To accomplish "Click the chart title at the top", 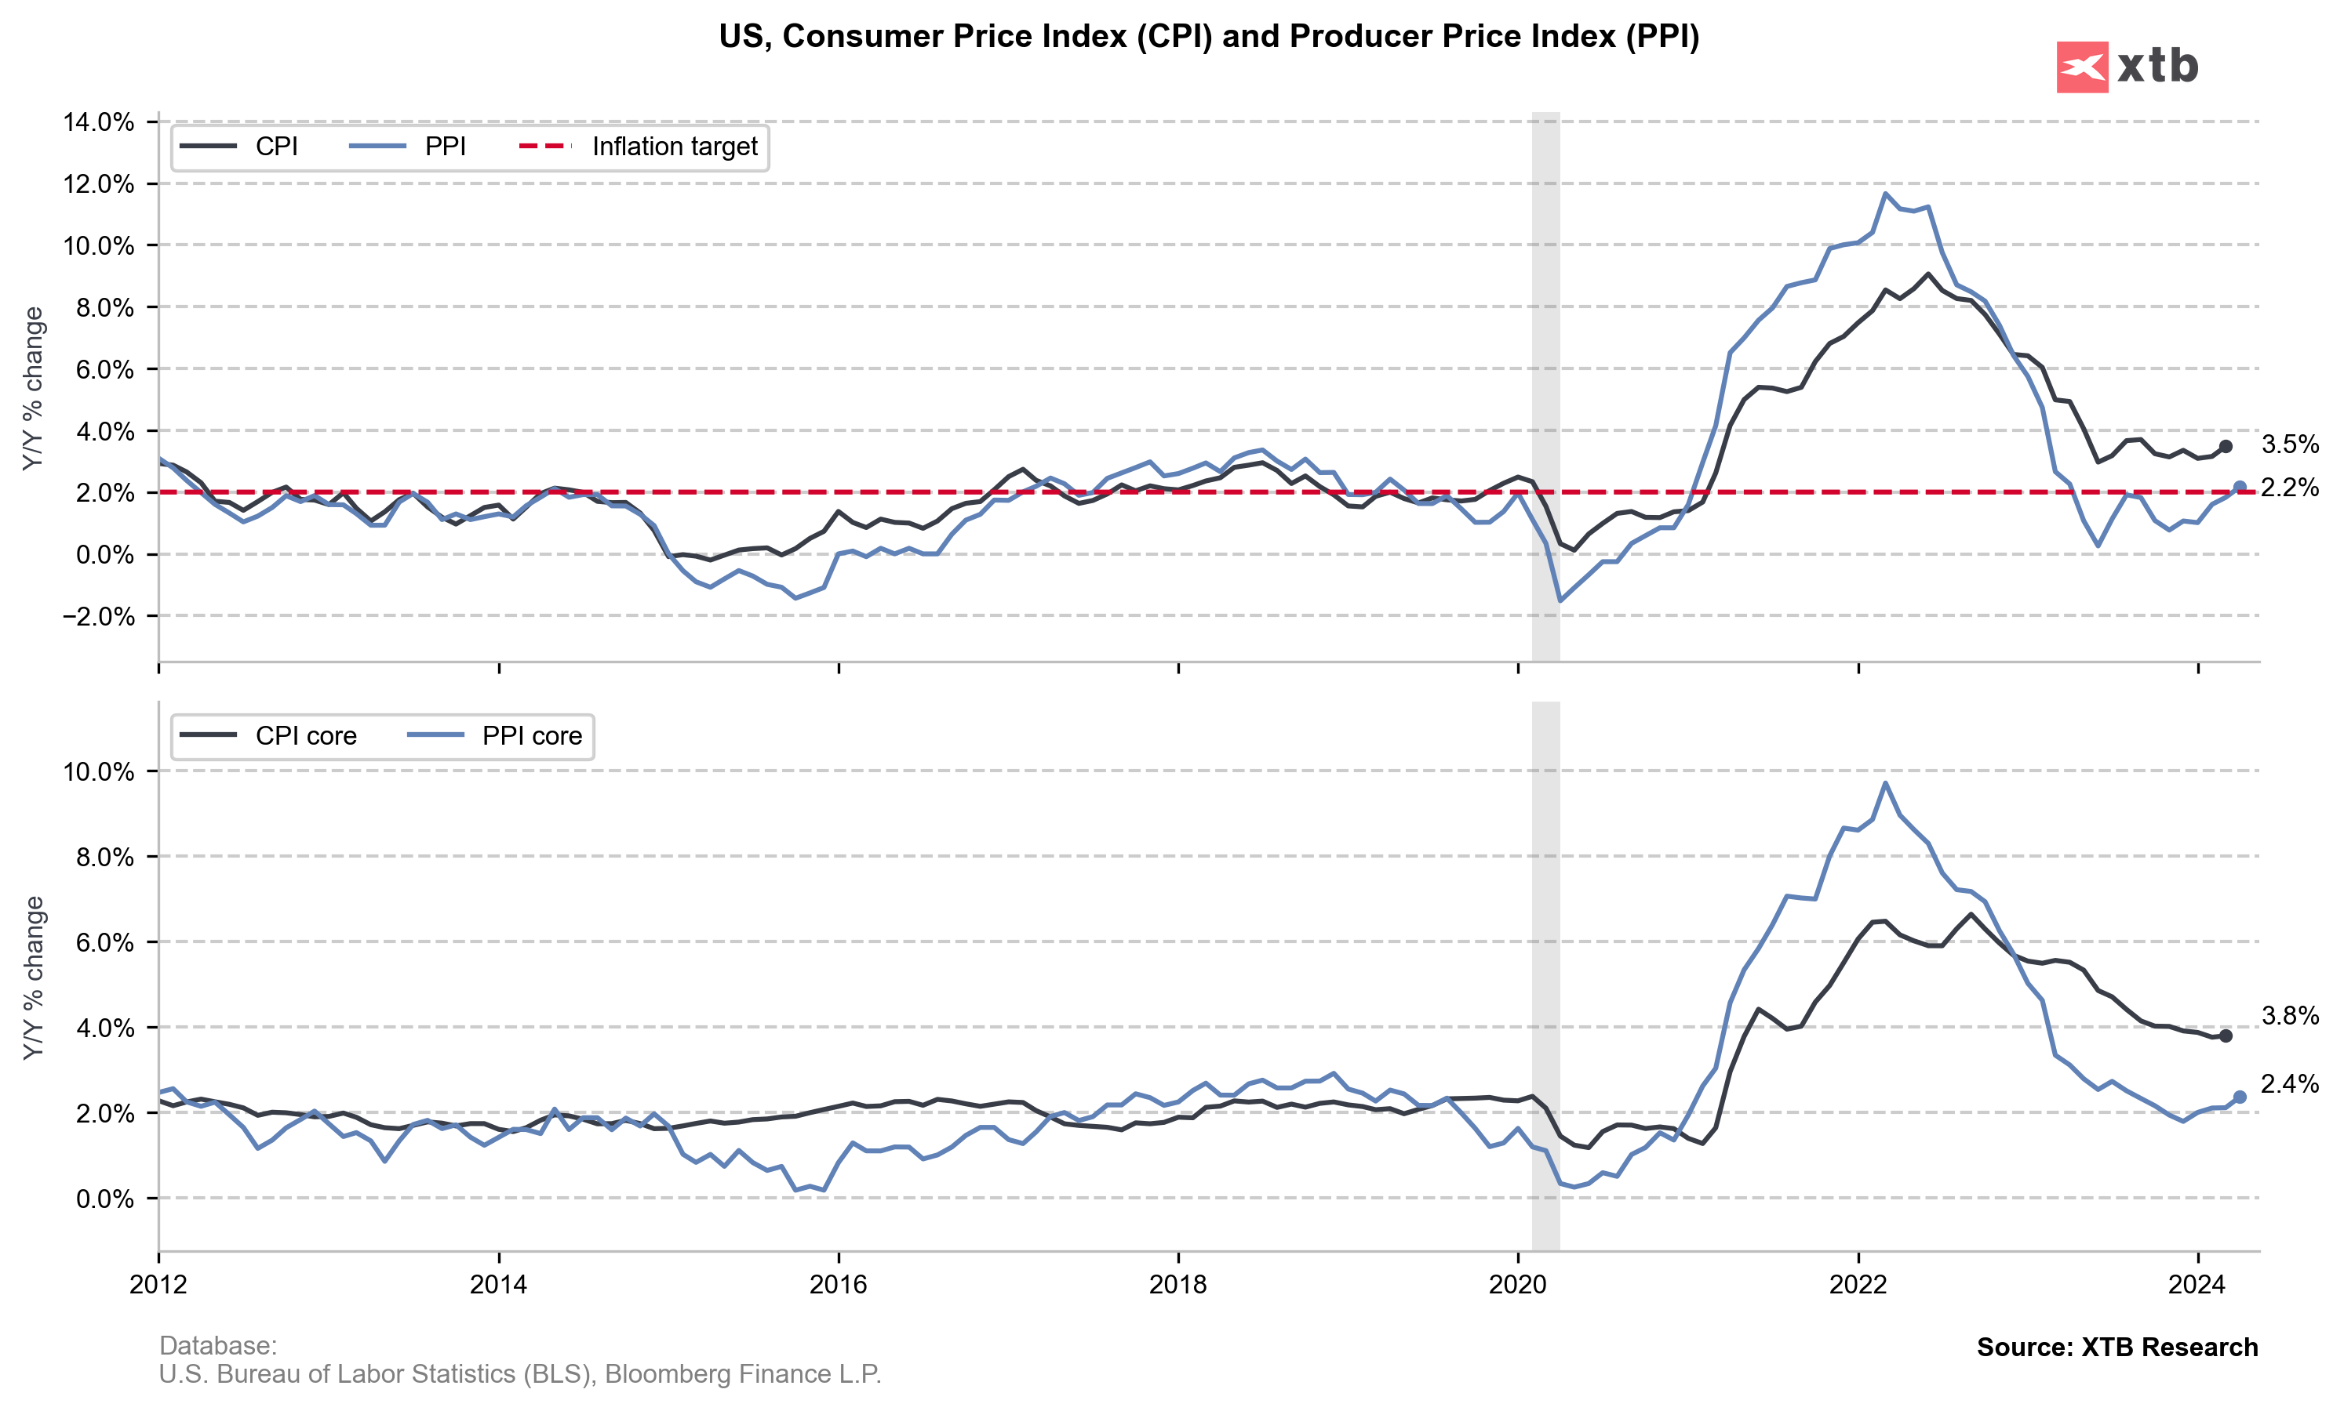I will click(x=1208, y=36).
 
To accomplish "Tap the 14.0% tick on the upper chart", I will click(x=99, y=122).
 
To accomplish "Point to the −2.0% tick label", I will click(x=99, y=616).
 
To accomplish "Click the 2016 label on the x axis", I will click(x=838, y=1286).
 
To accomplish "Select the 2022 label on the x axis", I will click(x=1858, y=1286).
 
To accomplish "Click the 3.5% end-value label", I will click(x=2290, y=444).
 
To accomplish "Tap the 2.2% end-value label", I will click(x=2290, y=488).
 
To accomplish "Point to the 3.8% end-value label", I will click(x=2290, y=1015).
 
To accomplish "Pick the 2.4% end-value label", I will click(x=2290, y=1084).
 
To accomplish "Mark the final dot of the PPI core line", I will click(x=2240, y=1097).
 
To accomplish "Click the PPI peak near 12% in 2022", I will click(x=1885, y=194).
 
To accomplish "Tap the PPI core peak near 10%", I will click(x=1885, y=783).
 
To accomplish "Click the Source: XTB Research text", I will click(x=2117, y=1348).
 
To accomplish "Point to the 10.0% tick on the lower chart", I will click(x=99, y=771).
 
